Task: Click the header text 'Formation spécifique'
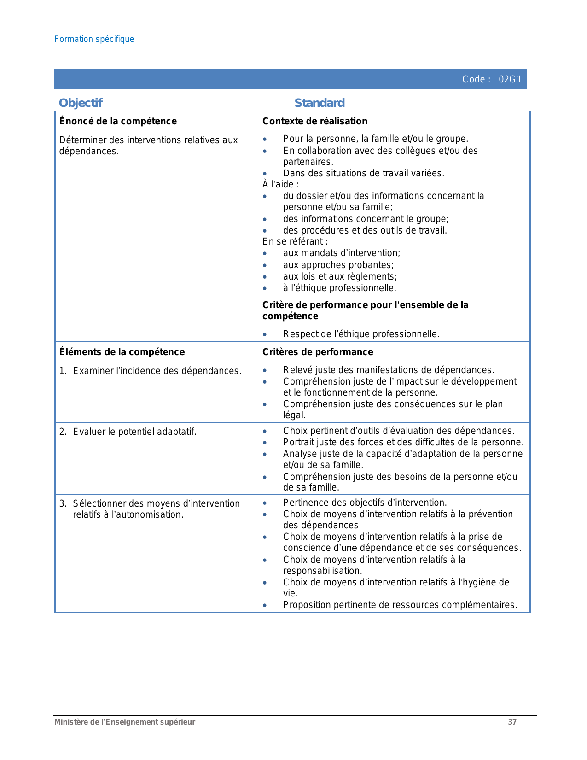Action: pyautogui.click(x=94, y=39)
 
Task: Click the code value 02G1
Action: pyautogui.click(x=510, y=79)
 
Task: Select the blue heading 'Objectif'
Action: pyautogui.click(x=81, y=103)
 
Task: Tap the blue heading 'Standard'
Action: pyautogui.click(x=320, y=103)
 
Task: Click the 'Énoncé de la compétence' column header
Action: pyautogui.click(x=118, y=121)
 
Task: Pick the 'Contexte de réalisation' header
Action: pyautogui.click(x=315, y=121)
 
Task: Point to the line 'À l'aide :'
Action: pyautogui.click(x=281, y=184)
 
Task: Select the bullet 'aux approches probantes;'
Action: pyautogui.click(x=338, y=265)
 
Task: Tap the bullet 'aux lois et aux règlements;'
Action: pyautogui.click(x=340, y=276)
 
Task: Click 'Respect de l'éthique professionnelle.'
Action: pyautogui.click(x=361, y=334)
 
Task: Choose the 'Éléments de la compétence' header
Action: pyautogui.click(x=122, y=352)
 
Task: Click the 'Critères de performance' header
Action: pyautogui.click(x=318, y=352)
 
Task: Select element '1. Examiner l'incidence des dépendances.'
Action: pyautogui.click(x=151, y=371)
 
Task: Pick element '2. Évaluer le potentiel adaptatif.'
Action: pyautogui.click(x=128, y=432)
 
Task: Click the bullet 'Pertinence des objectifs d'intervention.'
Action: pyautogui.click(x=365, y=503)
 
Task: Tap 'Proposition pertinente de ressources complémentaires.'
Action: pyautogui.click(x=400, y=605)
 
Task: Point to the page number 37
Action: pyautogui.click(x=512, y=722)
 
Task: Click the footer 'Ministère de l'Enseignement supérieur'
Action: pyautogui.click(x=125, y=722)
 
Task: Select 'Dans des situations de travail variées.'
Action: pyautogui.click(x=363, y=173)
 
